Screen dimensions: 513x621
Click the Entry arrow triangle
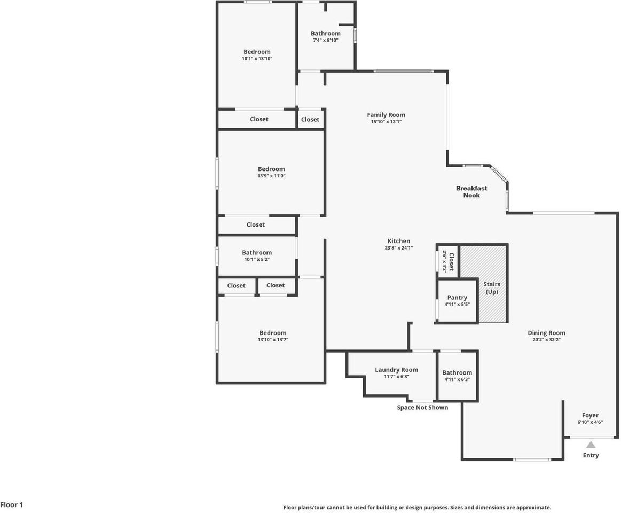pyautogui.click(x=591, y=445)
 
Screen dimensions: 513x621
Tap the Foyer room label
pyautogui.click(x=590, y=415)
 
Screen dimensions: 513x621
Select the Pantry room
pyautogui.click(x=457, y=300)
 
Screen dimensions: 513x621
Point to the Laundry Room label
pyautogui.click(x=396, y=370)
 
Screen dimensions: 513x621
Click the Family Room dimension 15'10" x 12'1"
pyautogui.click(x=386, y=122)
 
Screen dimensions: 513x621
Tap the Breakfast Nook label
pyautogui.click(x=471, y=191)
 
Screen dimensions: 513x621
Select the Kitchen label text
pyautogui.click(x=399, y=241)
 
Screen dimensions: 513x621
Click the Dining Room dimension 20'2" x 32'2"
pyautogui.click(x=546, y=340)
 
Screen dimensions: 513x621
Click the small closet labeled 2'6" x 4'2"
pyautogui.click(x=447, y=261)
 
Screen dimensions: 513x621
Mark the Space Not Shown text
pyautogui.click(x=422, y=408)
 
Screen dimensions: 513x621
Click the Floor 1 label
pyautogui.click(x=12, y=504)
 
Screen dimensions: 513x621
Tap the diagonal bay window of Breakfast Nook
pyautogui.click(x=499, y=174)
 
